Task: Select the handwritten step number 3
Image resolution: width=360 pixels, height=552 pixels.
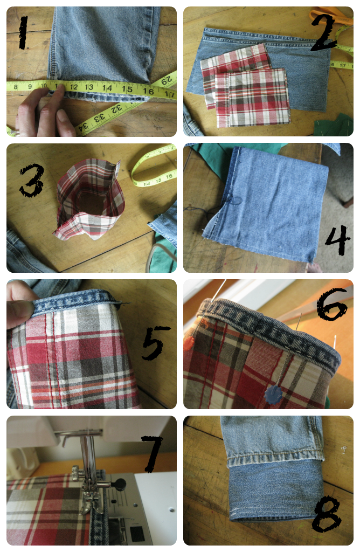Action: pos(32,180)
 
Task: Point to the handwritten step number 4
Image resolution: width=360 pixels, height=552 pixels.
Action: pos(337,240)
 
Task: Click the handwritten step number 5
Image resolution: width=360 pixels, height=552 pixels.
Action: pos(155,343)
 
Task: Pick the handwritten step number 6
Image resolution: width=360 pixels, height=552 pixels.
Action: pos(332,304)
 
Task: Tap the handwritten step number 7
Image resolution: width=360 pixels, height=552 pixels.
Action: pos(152,453)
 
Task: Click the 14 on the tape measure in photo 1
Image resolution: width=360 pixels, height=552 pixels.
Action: pos(107,88)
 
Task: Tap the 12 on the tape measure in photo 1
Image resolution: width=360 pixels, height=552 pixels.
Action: pos(73,87)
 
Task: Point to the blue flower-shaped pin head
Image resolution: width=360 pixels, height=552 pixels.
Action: pos(273,394)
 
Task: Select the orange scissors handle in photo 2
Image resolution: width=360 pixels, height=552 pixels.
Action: pos(331,16)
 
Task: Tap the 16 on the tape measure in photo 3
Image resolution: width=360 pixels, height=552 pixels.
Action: pos(169,176)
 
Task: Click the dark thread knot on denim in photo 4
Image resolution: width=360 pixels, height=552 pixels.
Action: pos(235,201)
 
